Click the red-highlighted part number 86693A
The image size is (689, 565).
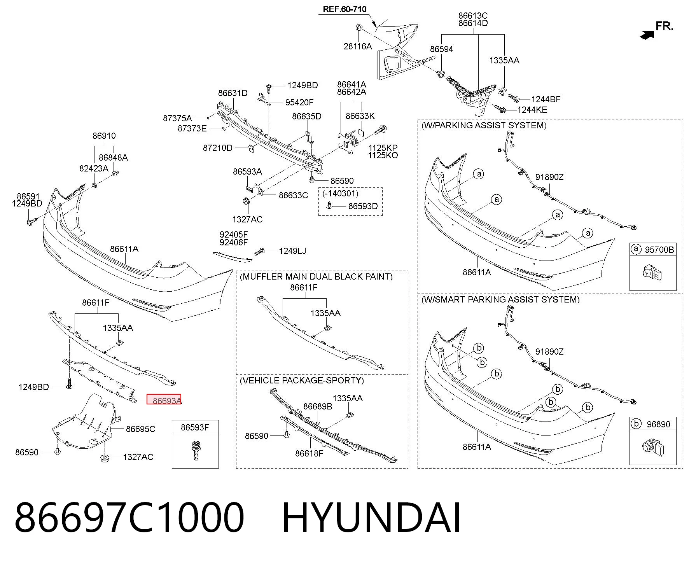[167, 401]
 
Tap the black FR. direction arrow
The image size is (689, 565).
[647, 35]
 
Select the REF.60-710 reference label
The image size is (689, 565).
[344, 9]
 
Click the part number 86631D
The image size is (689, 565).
[233, 93]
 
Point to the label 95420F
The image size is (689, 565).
[299, 102]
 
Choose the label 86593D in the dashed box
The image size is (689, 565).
[363, 206]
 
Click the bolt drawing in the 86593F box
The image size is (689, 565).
[196, 450]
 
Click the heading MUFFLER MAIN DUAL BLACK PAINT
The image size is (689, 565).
[316, 276]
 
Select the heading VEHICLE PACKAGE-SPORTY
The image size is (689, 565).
[302, 380]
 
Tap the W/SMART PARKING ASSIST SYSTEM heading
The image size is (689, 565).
[500, 299]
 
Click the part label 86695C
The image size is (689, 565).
[140, 429]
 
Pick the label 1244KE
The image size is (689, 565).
[532, 110]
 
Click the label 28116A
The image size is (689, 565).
[358, 46]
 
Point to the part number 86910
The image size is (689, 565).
[104, 136]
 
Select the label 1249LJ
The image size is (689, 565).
[292, 251]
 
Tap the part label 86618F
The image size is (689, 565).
[309, 453]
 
